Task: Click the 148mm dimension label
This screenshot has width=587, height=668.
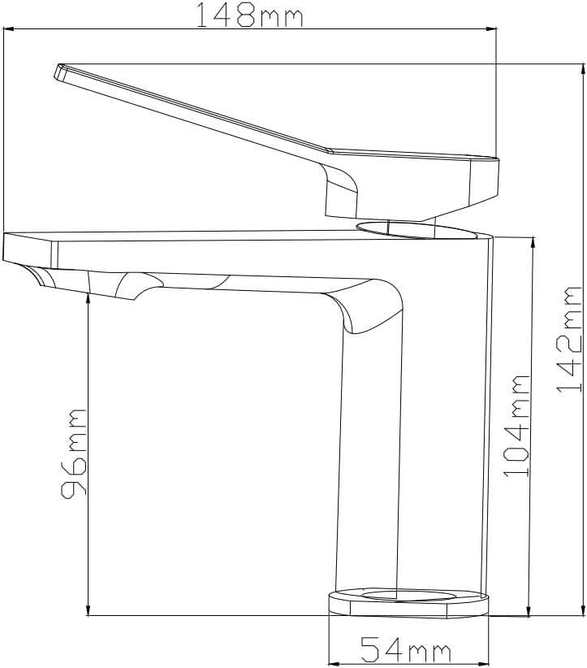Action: [x=250, y=15]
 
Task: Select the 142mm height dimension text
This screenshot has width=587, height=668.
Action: [x=569, y=340]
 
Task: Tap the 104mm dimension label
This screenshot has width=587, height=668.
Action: [x=516, y=426]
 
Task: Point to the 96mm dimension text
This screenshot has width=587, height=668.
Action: [x=73, y=453]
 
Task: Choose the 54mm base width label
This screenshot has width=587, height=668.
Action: [x=405, y=650]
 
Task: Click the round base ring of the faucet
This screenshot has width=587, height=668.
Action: [x=408, y=603]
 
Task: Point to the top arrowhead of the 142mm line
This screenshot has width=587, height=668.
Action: [x=583, y=68]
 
